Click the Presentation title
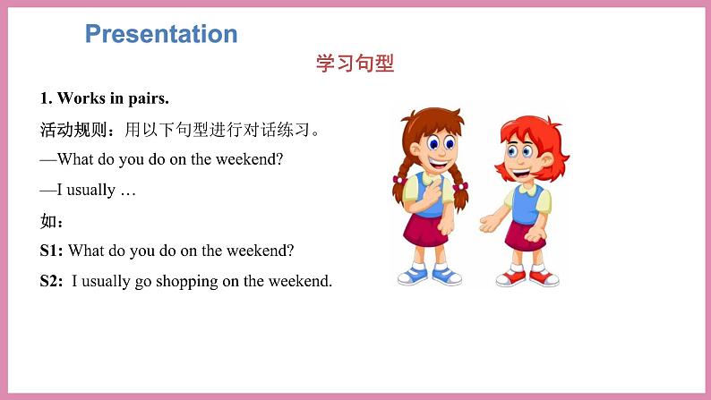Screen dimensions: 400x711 (161, 34)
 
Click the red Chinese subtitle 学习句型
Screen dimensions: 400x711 (355, 64)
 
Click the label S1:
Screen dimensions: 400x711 (52, 251)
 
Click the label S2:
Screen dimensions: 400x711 (52, 281)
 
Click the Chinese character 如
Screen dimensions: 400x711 (48, 220)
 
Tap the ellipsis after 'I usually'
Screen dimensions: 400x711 (127, 190)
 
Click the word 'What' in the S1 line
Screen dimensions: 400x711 (87, 251)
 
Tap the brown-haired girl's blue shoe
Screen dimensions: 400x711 (413, 274)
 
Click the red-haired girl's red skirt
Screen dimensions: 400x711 (525, 234)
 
